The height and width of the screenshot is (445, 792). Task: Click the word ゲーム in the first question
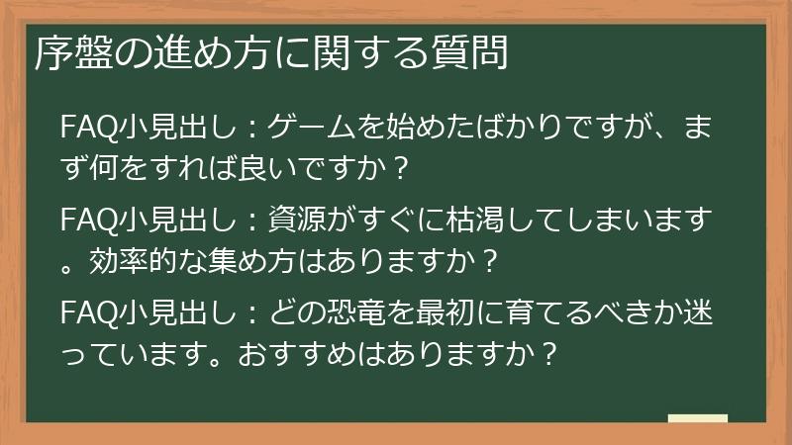308,129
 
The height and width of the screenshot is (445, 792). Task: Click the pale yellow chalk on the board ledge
697,418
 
